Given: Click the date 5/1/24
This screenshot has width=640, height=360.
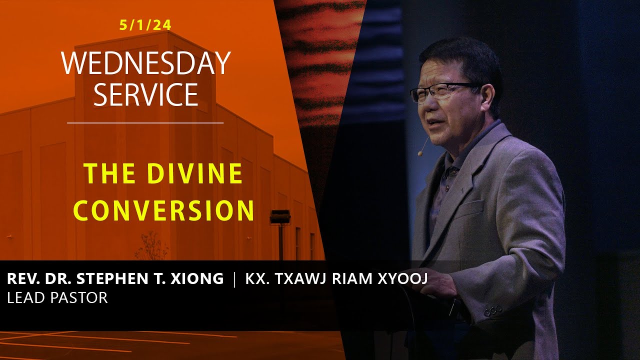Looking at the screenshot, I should pyautogui.click(x=145, y=25).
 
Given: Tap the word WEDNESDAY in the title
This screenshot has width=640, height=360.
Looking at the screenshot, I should pyautogui.click(x=145, y=63).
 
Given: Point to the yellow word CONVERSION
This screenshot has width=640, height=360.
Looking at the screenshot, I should pyautogui.click(x=164, y=210).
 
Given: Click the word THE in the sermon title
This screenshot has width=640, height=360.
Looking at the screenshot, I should pyautogui.click(x=103, y=174).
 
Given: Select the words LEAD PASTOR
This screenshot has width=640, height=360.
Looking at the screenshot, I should pyautogui.click(x=57, y=298).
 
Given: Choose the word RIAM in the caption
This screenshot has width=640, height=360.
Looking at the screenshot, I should pyautogui.click(x=352, y=279).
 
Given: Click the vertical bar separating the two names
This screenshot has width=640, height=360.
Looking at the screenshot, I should pyautogui.click(x=234, y=279).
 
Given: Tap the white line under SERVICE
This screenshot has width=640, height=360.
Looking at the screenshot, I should pyautogui.click(x=145, y=122).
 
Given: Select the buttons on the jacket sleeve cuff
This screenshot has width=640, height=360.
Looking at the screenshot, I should pyautogui.click(x=493, y=310).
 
